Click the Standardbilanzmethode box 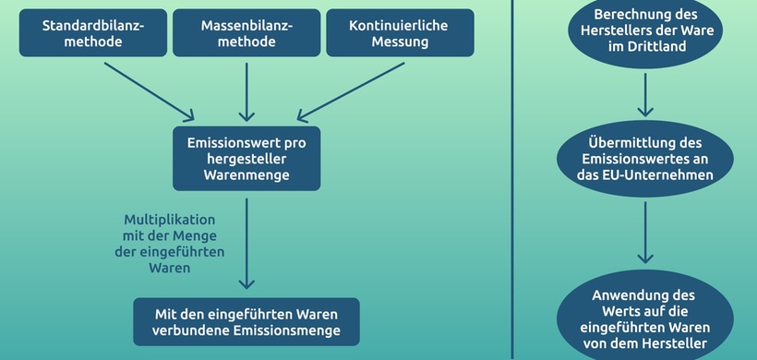(x=93, y=33)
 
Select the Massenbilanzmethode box (x=246, y=33)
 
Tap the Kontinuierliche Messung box (x=400, y=33)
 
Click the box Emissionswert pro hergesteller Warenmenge (x=246, y=159)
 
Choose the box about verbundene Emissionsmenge (x=246, y=321)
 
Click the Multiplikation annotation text (x=169, y=244)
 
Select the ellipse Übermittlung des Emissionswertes (x=646, y=159)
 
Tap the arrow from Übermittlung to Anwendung (x=646, y=231)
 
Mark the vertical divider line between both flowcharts (x=511, y=180)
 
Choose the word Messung (x=400, y=42)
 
